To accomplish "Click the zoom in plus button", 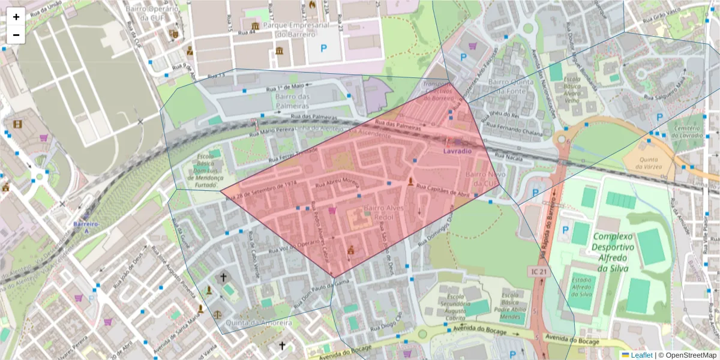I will [16, 17].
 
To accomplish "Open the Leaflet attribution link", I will [641, 355].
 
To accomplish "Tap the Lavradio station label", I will [457, 151].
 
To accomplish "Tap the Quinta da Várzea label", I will [645, 164].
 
